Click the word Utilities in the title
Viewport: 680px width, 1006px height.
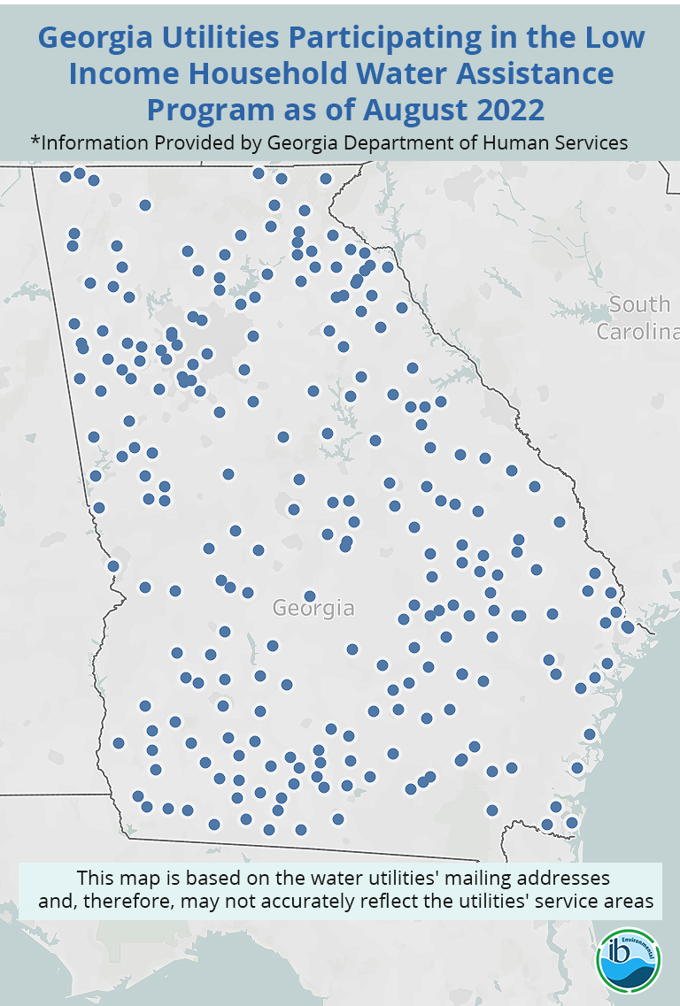pos(211,38)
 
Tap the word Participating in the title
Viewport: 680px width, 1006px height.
pos(397,38)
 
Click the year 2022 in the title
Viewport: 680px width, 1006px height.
pos(502,111)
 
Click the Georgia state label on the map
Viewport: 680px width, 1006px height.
pos(313,609)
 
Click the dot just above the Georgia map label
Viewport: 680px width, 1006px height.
pos(310,596)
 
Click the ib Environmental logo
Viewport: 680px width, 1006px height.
pos(629,959)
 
